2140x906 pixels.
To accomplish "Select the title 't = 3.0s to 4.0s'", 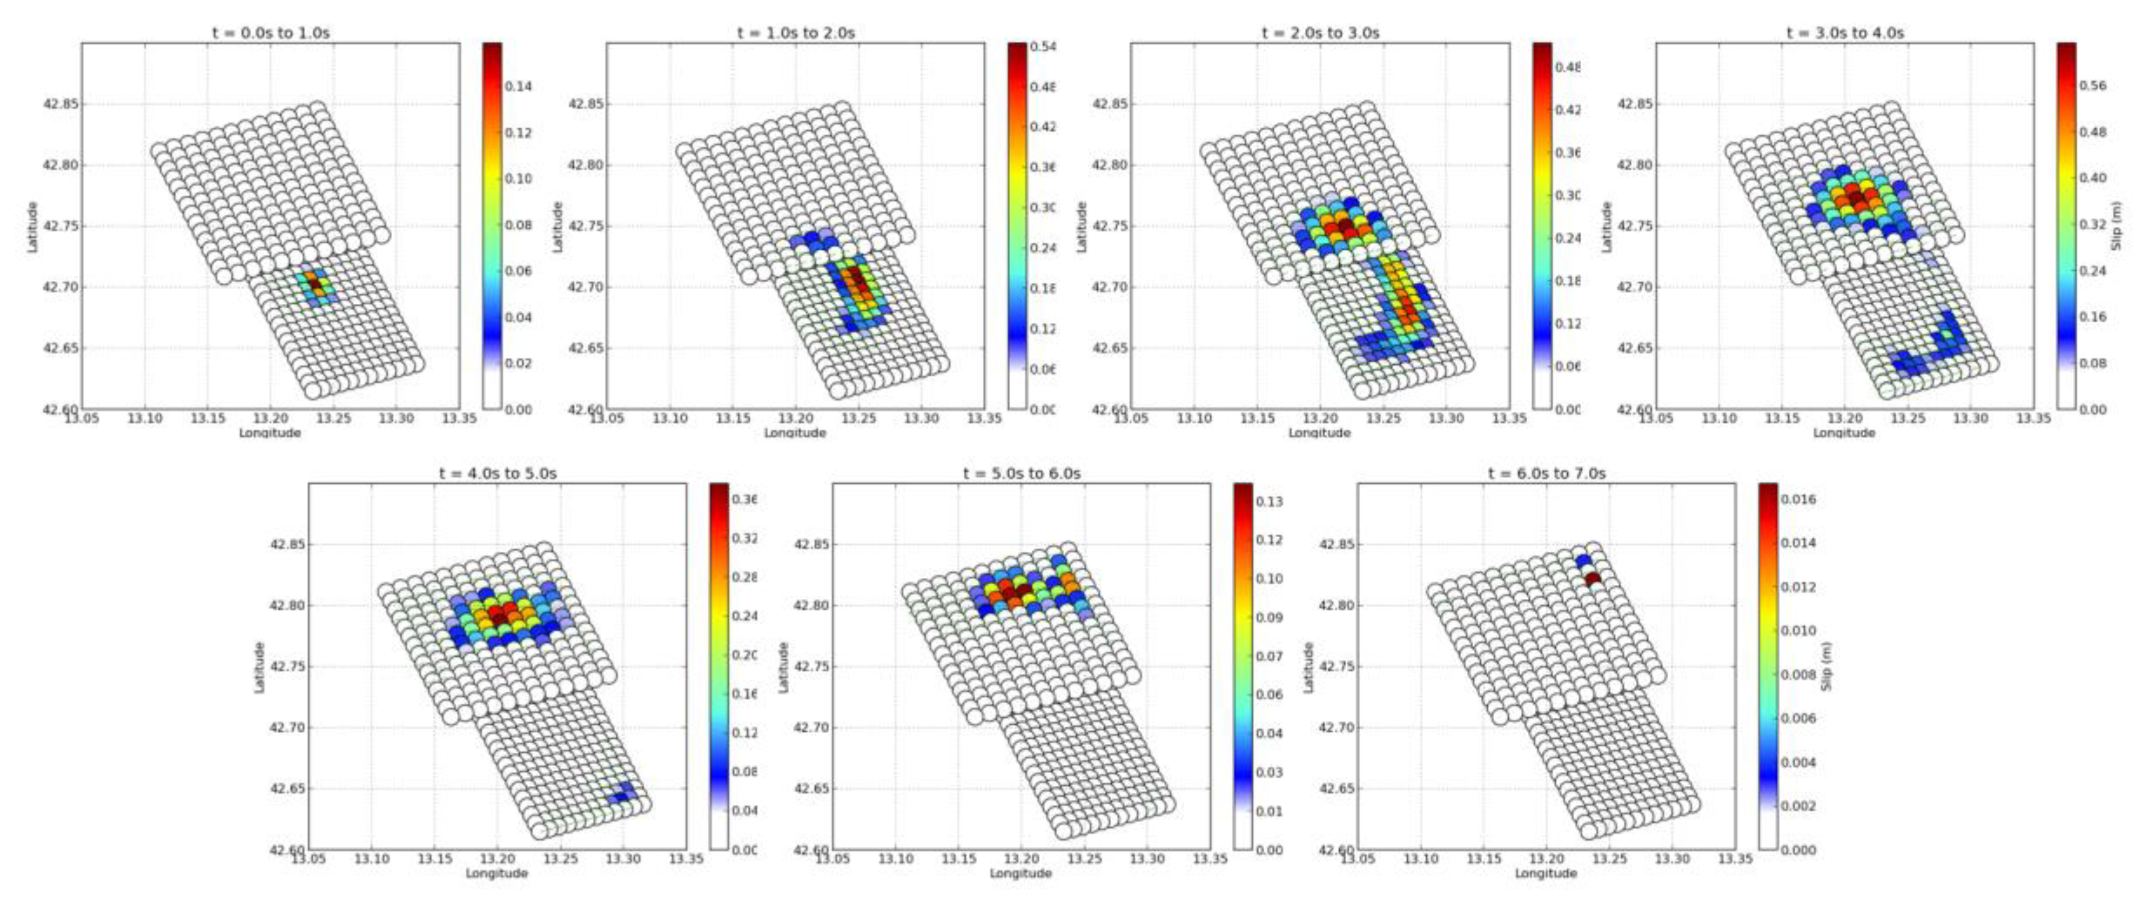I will click(x=1845, y=33).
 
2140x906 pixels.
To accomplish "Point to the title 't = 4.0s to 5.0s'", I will click(x=498, y=474).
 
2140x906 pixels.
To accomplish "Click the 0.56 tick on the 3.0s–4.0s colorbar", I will click(x=2092, y=85).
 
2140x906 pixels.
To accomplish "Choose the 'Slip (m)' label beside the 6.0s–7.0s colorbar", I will click(x=1826, y=666).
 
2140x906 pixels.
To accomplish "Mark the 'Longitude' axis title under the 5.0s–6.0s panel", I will click(x=1021, y=873).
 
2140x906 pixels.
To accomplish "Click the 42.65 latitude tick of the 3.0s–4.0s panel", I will click(x=1634, y=348).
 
